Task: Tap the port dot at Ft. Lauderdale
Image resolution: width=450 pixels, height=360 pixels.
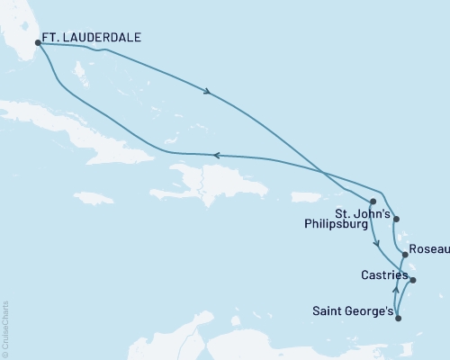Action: click(x=38, y=41)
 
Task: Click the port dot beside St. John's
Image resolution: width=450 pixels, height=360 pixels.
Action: click(x=397, y=220)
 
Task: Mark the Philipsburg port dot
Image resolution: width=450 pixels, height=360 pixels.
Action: click(x=373, y=202)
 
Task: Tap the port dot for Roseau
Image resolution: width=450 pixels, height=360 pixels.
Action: click(x=405, y=255)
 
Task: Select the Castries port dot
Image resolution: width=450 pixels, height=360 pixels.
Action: click(x=413, y=280)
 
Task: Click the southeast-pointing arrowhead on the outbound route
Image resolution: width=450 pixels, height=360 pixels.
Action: click(x=210, y=91)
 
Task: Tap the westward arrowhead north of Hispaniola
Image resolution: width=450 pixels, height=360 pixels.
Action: click(x=216, y=155)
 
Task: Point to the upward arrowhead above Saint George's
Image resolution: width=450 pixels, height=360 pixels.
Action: click(x=395, y=291)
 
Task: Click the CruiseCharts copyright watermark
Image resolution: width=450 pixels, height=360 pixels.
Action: click(x=5, y=328)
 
